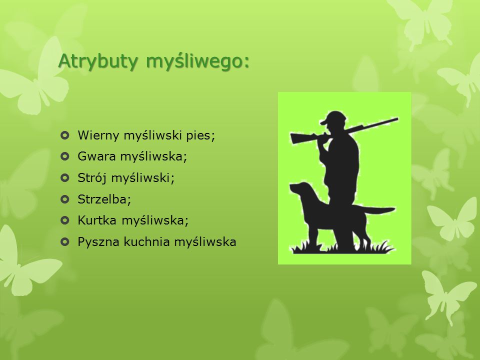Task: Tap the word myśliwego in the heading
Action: pyautogui.click(x=197, y=61)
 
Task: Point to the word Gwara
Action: pyautogui.click(x=96, y=156)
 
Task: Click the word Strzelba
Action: pyautogui.click(x=104, y=199)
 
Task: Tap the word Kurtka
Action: pyautogui.click(x=97, y=220)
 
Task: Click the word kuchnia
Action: pyautogui.click(x=146, y=241)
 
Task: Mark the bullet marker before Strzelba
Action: pyautogui.click(x=65, y=199)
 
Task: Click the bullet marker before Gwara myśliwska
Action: pyautogui.click(x=65, y=156)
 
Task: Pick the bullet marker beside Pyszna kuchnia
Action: pyautogui.click(x=65, y=242)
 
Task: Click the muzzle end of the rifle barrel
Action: pyautogui.click(x=397, y=119)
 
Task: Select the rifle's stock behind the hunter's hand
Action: pyautogui.click(x=303, y=138)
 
